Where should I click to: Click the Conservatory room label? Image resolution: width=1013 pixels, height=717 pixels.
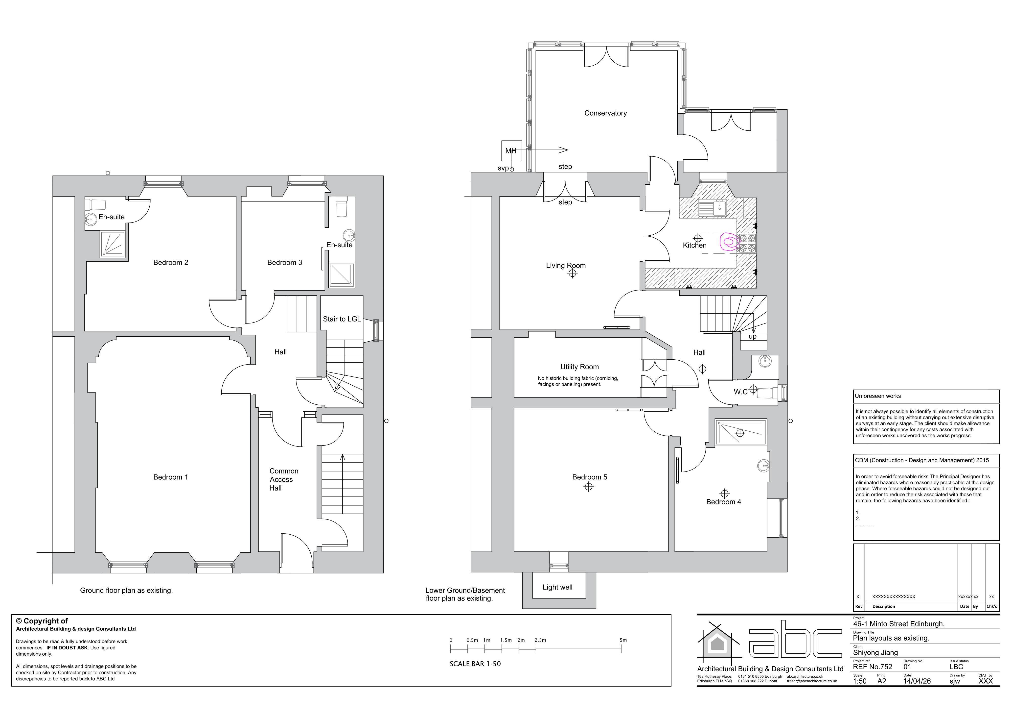click(x=605, y=113)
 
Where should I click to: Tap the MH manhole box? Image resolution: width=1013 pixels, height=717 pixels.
click(x=512, y=150)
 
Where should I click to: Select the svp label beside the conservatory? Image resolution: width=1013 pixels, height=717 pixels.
click(x=503, y=168)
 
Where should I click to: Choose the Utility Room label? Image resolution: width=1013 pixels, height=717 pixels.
click(x=579, y=367)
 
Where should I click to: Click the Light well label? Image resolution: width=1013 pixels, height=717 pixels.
click(x=557, y=587)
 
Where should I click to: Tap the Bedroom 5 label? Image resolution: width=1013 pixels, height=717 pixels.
click(x=589, y=477)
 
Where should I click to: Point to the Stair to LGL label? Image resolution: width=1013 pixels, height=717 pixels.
click(x=342, y=319)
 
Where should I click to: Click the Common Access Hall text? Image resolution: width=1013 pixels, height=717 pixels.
click(x=284, y=479)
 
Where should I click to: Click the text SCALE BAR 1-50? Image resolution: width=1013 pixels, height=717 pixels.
click(x=475, y=664)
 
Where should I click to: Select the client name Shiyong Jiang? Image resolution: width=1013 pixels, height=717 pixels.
click(x=875, y=653)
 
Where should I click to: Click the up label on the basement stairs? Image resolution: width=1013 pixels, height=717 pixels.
click(x=752, y=336)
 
